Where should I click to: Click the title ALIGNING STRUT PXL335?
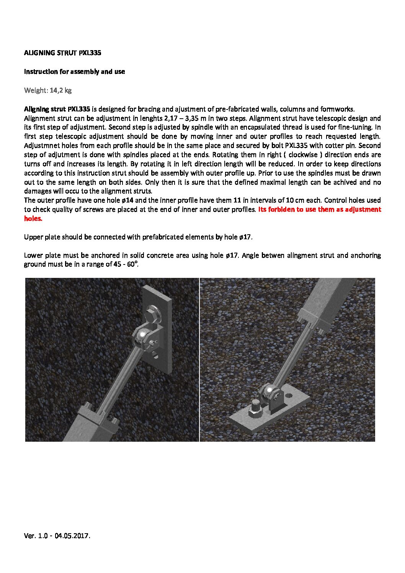coord(62,53)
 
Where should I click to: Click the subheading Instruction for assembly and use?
coord(74,72)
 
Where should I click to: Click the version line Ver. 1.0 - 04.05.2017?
coord(57,536)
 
